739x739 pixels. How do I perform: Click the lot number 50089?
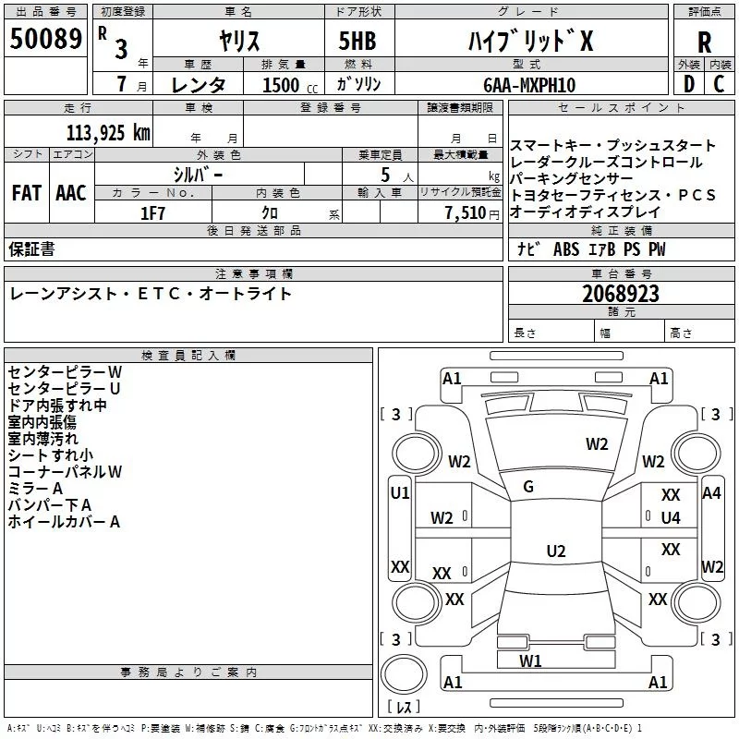[x=45, y=38]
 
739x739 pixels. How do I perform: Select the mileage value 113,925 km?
[x=108, y=133]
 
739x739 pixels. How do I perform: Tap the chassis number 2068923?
[x=620, y=294]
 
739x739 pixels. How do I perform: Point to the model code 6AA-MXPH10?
[x=529, y=85]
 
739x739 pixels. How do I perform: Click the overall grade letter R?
[x=704, y=42]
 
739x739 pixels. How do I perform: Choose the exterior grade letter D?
[x=689, y=84]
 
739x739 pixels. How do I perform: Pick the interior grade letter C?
[x=719, y=84]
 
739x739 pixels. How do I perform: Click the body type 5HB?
[x=357, y=41]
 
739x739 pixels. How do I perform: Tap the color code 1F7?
[x=152, y=213]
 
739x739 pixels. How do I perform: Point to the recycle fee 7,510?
[x=466, y=213]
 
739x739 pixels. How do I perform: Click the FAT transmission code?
[x=27, y=193]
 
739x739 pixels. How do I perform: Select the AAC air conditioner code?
[x=71, y=193]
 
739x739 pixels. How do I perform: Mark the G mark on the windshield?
[x=528, y=487]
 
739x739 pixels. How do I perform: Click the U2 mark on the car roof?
[x=556, y=551]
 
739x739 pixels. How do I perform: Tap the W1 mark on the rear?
[x=530, y=660]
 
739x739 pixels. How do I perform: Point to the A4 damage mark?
[x=711, y=493]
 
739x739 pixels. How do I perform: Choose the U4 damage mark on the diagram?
[x=671, y=518]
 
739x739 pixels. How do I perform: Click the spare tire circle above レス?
[x=404, y=674]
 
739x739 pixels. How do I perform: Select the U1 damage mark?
[x=400, y=493]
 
